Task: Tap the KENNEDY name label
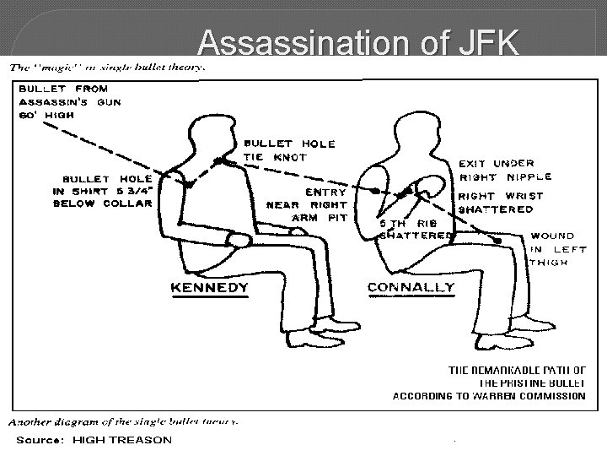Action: point(210,287)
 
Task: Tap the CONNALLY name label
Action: point(411,287)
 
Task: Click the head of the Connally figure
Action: point(404,132)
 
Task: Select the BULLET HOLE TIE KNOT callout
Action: point(277,149)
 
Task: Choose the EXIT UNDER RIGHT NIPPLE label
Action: point(505,171)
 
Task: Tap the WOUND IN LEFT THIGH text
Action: point(559,249)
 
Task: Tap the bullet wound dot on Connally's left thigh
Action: point(500,241)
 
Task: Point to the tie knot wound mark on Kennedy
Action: point(218,161)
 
